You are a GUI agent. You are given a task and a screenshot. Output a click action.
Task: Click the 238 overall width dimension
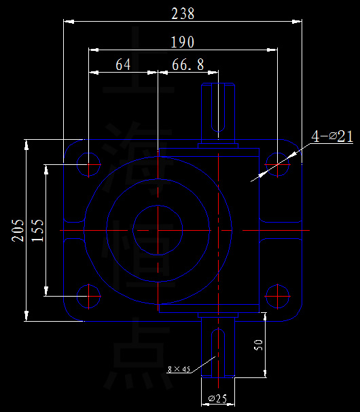[183, 14]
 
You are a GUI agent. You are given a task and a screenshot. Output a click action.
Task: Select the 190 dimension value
[183, 42]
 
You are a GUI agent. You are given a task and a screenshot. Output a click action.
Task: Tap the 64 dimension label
[123, 65]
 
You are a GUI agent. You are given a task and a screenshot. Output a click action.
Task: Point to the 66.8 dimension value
[188, 65]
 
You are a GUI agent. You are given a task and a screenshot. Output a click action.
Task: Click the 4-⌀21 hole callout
[331, 136]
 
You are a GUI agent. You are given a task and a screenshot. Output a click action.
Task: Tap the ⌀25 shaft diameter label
[217, 398]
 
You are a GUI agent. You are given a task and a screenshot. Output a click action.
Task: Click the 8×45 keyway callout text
[179, 370]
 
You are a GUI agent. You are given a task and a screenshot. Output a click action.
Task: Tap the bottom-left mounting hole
[89, 295]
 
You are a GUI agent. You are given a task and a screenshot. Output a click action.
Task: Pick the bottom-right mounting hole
[276, 295]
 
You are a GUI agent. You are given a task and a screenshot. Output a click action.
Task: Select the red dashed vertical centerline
[157, 204]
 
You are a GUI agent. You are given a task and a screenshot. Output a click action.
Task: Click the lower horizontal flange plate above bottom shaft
[209, 308]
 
